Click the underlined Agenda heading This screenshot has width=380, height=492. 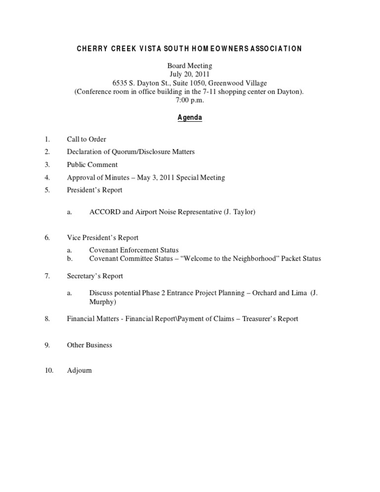click(x=190, y=118)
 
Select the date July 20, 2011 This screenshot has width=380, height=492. click(x=190, y=74)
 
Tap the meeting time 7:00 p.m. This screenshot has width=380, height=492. click(x=190, y=100)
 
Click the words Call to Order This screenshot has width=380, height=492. click(x=87, y=140)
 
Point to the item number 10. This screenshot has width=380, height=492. click(x=48, y=370)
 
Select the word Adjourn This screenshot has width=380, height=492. click(x=79, y=370)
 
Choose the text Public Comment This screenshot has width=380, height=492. click(x=93, y=164)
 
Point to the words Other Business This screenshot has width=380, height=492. click(x=90, y=344)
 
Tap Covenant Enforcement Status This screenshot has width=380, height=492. click(x=134, y=250)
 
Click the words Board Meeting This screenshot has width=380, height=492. click(x=190, y=65)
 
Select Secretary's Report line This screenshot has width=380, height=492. click(x=95, y=276)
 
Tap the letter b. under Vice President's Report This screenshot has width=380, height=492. click(x=70, y=258)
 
